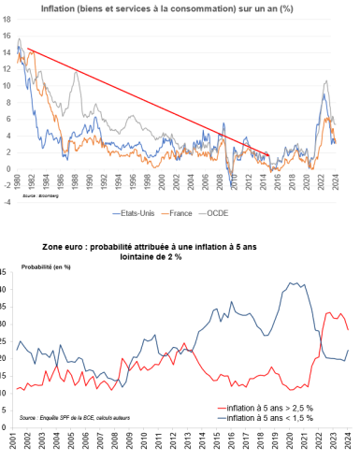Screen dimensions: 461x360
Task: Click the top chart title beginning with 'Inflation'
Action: click(x=180, y=8)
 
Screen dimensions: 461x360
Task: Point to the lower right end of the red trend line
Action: click(x=269, y=154)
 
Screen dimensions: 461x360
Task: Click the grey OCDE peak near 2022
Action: click(x=325, y=81)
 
